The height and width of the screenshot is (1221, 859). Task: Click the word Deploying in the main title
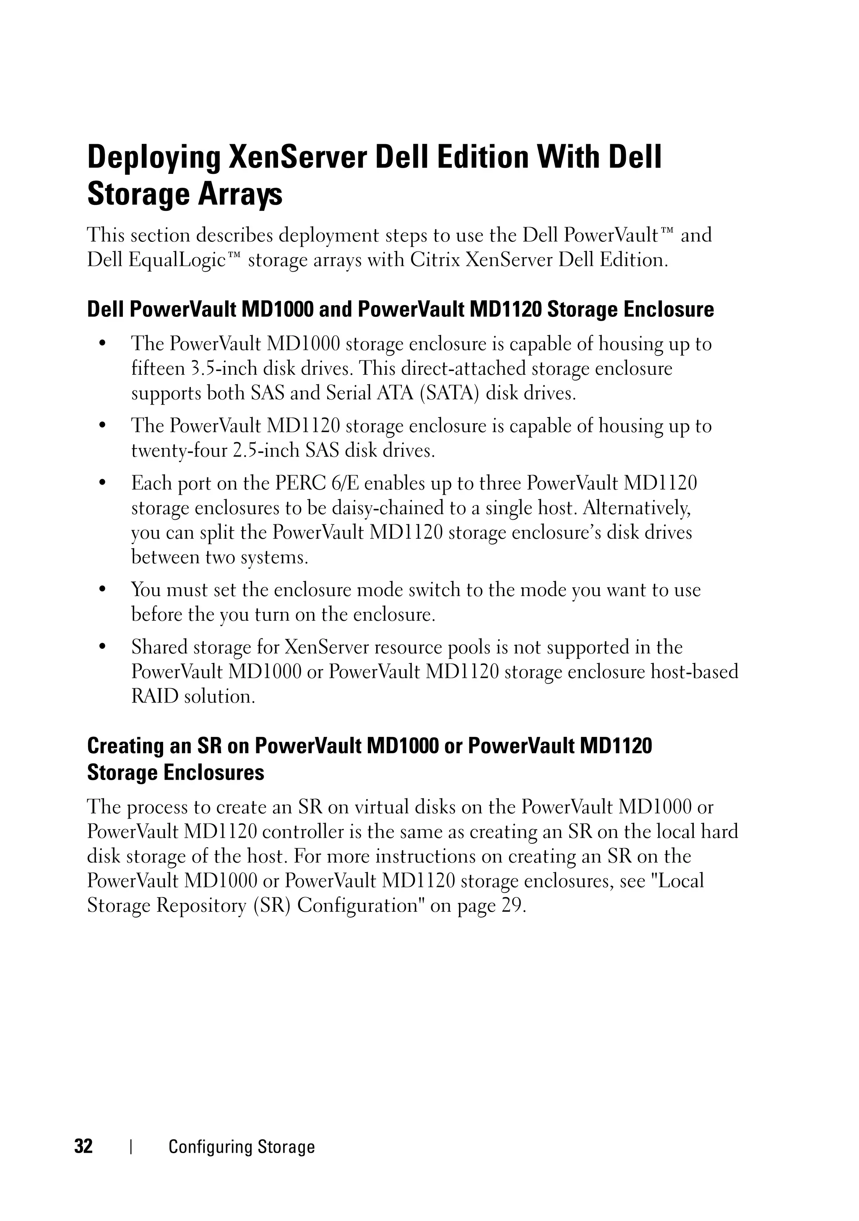point(153,158)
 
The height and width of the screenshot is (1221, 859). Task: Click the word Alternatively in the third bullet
point(635,508)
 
